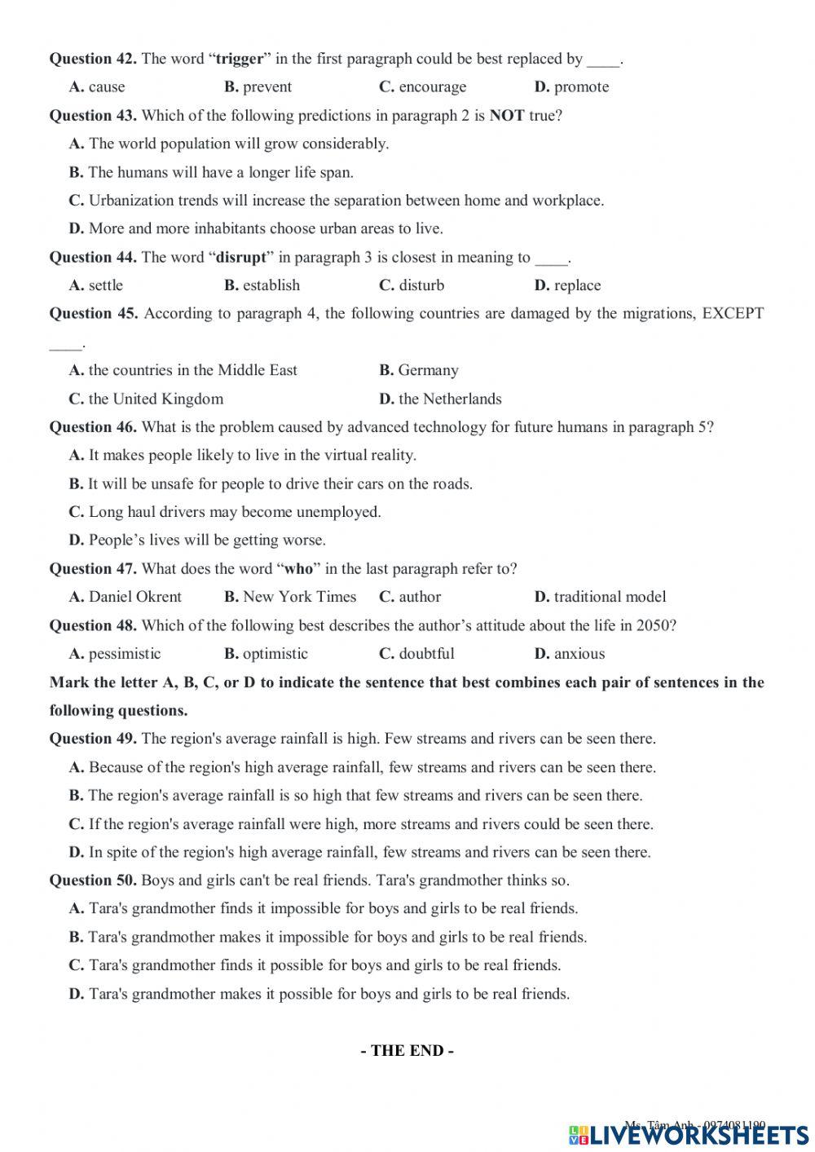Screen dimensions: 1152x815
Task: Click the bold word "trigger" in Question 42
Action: [x=240, y=59]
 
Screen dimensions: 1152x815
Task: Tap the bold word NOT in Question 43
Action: [x=506, y=116]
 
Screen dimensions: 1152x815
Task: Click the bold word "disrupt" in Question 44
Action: [x=241, y=258]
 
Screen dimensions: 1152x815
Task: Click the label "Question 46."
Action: [x=93, y=427]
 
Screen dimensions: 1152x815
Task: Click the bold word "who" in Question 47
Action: [x=298, y=569]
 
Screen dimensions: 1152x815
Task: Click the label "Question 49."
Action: [x=93, y=739]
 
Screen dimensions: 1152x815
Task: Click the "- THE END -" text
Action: [x=407, y=1051]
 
